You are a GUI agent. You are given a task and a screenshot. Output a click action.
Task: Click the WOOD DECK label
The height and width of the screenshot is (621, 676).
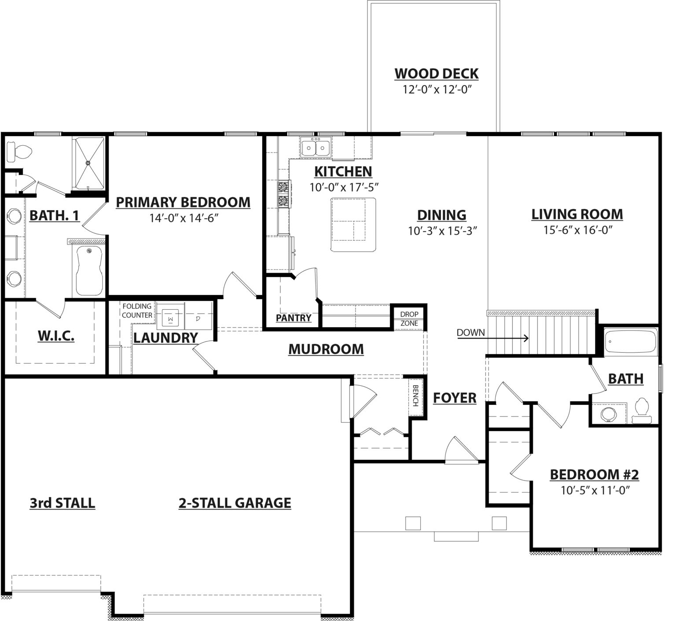pyautogui.click(x=436, y=73)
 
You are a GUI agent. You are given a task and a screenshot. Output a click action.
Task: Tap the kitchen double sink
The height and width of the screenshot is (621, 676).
pyautogui.click(x=316, y=147)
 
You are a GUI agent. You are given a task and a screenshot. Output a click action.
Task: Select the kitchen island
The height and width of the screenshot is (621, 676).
pyautogui.click(x=354, y=225)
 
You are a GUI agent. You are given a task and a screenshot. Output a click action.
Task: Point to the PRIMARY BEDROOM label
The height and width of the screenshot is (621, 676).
pyautogui.click(x=183, y=202)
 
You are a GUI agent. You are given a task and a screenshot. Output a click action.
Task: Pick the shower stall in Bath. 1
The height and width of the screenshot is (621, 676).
pyautogui.click(x=89, y=164)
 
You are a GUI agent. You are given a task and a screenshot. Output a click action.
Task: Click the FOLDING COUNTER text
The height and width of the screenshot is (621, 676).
pyautogui.click(x=137, y=310)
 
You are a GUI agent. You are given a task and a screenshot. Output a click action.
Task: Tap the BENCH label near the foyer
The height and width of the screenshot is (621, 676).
pyautogui.click(x=415, y=396)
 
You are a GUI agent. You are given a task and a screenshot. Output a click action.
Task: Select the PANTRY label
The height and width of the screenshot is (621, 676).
pyautogui.click(x=294, y=318)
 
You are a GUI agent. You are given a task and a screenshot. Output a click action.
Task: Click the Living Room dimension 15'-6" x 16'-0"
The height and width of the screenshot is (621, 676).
pyautogui.click(x=577, y=229)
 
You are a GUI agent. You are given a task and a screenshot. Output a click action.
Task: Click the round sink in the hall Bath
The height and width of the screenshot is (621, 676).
pyautogui.click(x=609, y=414)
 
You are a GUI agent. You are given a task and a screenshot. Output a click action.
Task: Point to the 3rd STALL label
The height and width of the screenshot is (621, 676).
pyautogui.click(x=62, y=503)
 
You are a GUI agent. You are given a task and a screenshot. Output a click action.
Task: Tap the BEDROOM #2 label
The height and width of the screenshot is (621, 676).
pyautogui.click(x=594, y=474)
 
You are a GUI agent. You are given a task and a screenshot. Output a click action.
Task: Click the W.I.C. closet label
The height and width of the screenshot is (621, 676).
pyautogui.click(x=56, y=336)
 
